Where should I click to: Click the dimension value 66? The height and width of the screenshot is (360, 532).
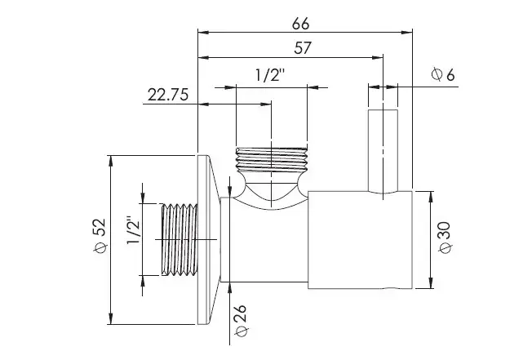click(x=300, y=24)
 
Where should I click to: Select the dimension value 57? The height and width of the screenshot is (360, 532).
click(x=303, y=48)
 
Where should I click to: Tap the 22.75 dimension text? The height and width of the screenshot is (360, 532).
click(x=167, y=95)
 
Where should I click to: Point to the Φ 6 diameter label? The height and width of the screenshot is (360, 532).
click(x=443, y=74)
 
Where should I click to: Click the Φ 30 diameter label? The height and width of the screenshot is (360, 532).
click(x=445, y=238)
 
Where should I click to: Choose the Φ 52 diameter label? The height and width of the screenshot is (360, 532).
click(x=100, y=235)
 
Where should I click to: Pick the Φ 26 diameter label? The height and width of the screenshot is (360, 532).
click(x=241, y=320)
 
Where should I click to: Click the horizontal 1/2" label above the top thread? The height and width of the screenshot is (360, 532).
click(x=270, y=75)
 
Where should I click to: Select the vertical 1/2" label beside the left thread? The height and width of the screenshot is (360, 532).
click(x=133, y=230)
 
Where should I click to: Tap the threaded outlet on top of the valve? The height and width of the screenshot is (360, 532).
click(x=272, y=159)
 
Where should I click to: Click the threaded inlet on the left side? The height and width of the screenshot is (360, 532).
click(x=179, y=239)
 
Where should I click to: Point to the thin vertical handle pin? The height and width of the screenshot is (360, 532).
click(x=383, y=151)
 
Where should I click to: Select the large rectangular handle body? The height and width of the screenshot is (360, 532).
click(x=360, y=240)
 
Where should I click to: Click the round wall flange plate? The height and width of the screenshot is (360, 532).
click(x=207, y=239)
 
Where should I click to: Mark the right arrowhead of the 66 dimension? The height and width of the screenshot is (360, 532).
click(x=407, y=32)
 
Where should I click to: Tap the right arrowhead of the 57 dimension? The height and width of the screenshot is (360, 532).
click(x=378, y=57)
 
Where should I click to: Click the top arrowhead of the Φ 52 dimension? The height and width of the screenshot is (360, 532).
click(x=110, y=161)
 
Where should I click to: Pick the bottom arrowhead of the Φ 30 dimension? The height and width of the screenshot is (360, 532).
click(x=431, y=283)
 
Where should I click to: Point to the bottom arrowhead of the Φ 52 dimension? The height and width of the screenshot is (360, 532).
click(x=110, y=319)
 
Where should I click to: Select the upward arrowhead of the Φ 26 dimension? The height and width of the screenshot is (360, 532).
click(x=230, y=288)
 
